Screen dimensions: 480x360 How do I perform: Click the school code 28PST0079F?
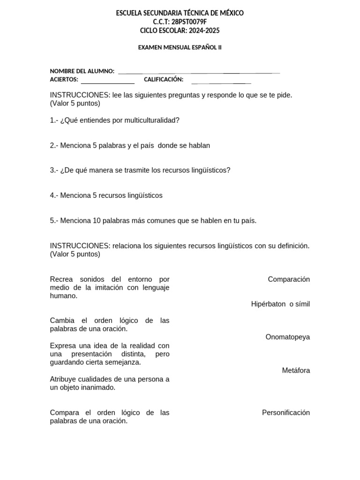190,22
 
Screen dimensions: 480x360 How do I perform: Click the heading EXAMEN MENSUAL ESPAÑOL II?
180,47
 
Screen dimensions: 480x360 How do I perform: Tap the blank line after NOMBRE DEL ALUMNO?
199,72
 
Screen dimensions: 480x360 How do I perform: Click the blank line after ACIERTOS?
107,82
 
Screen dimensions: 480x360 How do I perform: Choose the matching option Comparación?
289,279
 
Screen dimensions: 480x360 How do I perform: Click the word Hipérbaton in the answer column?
268,304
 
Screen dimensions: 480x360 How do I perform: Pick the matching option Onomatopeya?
287,337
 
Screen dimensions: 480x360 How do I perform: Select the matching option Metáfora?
296,371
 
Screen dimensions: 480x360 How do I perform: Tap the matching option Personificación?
286,413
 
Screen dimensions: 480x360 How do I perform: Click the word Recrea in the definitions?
61,279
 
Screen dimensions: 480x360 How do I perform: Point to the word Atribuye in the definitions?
64,379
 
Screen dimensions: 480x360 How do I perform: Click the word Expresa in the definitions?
63,345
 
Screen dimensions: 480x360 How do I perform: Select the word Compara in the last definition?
65,413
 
